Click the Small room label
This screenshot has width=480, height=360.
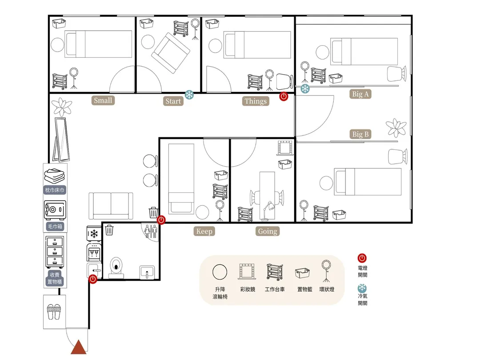pyautogui.click(x=103, y=100)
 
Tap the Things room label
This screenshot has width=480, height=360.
pyautogui.click(x=256, y=101)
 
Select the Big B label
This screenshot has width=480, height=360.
pyautogui.click(x=360, y=134)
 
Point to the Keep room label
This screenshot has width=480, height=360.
pyautogui.click(x=204, y=231)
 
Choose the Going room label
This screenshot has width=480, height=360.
pyautogui.click(x=268, y=231)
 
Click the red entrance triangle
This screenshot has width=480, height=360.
pyautogui.click(x=79, y=347)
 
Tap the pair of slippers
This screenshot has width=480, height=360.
pyautogui.click(x=54, y=312)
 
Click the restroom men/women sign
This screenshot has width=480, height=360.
pyautogui.click(x=151, y=231)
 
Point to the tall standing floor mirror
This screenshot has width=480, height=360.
pyautogui.click(x=61, y=140)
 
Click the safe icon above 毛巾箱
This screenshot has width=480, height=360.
pyautogui.click(x=55, y=210)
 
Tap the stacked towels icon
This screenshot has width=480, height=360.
pyautogui.click(x=55, y=176)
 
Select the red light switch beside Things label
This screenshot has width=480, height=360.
pyautogui.click(x=284, y=96)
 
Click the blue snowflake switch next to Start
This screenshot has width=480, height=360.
pyautogui.click(x=189, y=95)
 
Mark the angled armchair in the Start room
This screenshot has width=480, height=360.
pyautogui.click(x=171, y=52)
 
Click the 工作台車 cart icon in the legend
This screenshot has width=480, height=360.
pyautogui.click(x=275, y=272)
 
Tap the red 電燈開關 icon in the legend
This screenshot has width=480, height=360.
pyautogui.click(x=362, y=258)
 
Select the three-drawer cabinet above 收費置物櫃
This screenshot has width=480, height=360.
pyautogui.click(x=55, y=252)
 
